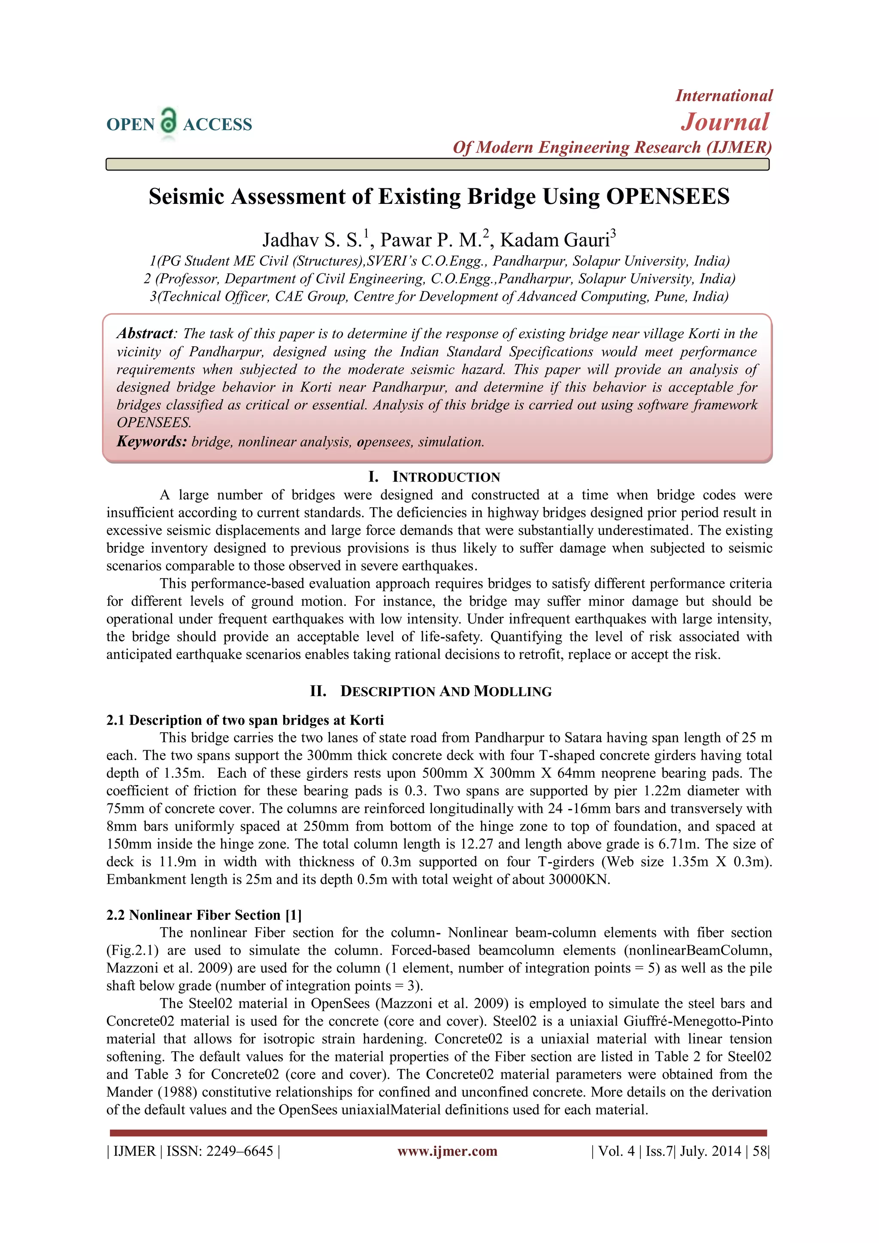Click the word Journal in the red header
pos(724,122)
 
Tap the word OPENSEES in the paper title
pos(667,197)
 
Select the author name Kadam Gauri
pos(558,240)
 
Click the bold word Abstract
pos(145,333)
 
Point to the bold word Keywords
pos(152,442)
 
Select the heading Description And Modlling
pos(446,691)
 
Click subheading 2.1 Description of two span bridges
pos(245,720)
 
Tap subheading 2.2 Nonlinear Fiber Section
pos(204,915)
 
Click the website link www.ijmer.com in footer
pos(447,1151)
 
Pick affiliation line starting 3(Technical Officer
pos(439,297)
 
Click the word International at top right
pos(724,96)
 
